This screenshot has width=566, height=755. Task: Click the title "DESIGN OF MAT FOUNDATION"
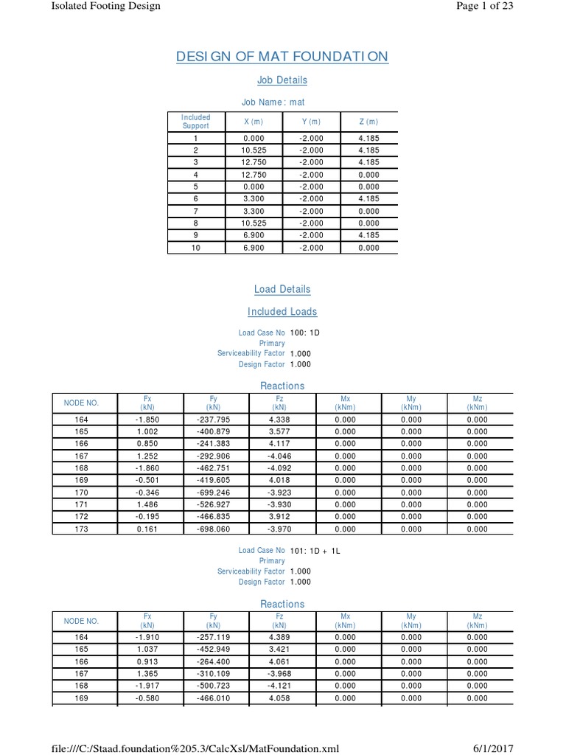click(x=282, y=57)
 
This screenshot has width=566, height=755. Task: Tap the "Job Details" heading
click(x=282, y=80)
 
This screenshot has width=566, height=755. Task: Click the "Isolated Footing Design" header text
click(x=105, y=6)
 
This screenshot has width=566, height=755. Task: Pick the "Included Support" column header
click(x=195, y=122)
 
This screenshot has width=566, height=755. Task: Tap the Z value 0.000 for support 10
click(x=369, y=248)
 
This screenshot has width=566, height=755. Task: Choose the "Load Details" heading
click(x=282, y=289)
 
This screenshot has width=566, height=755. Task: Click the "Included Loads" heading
click(x=282, y=311)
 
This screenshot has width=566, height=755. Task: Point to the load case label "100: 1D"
click(x=305, y=333)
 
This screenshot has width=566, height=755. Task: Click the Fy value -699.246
click(x=214, y=492)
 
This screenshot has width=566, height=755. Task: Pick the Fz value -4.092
click(x=279, y=467)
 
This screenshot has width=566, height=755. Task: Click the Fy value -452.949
click(x=214, y=650)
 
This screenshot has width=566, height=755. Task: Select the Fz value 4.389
click(x=279, y=637)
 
